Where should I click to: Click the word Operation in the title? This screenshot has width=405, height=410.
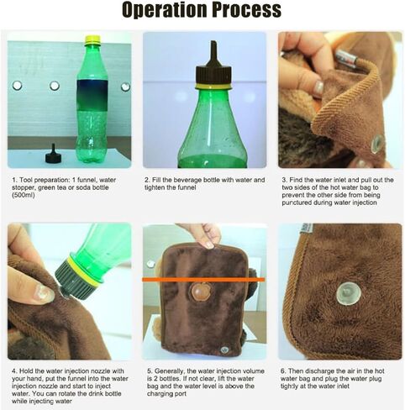[165, 10]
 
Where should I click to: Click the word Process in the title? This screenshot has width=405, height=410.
[247, 10]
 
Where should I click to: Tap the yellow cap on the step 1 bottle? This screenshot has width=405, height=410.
[92, 39]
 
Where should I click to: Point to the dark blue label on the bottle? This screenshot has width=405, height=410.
[92, 95]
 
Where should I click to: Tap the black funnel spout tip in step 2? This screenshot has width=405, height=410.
[214, 44]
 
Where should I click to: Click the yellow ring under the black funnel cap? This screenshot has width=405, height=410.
[213, 86]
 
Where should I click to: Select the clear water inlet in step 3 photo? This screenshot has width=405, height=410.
[376, 144]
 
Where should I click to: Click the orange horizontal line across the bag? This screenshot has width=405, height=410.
[203, 279]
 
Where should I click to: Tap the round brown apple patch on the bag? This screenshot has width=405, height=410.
[200, 292]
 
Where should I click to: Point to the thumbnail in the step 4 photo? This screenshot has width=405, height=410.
[43, 294]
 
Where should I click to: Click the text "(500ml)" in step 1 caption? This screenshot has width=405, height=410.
[24, 195]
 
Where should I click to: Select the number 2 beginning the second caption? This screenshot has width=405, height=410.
[146, 180]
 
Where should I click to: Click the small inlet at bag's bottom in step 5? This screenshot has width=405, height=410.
[224, 350]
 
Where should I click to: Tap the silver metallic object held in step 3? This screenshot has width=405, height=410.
[346, 58]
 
